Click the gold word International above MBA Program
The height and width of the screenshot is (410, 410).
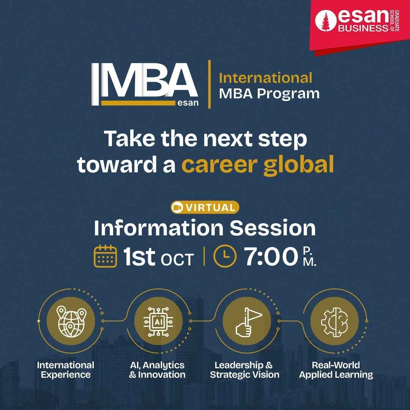tap(265, 78)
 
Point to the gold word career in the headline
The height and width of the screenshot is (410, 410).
tap(219, 164)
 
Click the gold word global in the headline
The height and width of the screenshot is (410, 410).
tap(299, 165)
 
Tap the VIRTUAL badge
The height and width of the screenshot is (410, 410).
tap(205, 208)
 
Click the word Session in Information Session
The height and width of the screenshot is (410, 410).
tap(273, 228)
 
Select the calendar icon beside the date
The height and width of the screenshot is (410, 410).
tap(105, 256)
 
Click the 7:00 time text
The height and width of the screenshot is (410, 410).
tap(271, 257)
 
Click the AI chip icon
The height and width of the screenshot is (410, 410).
tap(158, 322)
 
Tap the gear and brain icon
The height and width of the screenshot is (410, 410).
tap(335, 322)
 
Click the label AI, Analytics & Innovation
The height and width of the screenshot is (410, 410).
tap(157, 370)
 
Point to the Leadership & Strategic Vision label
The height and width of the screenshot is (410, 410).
tap(244, 370)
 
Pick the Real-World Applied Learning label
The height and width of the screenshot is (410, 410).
tap(336, 370)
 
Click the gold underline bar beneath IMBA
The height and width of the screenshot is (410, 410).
tap(138, 103)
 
